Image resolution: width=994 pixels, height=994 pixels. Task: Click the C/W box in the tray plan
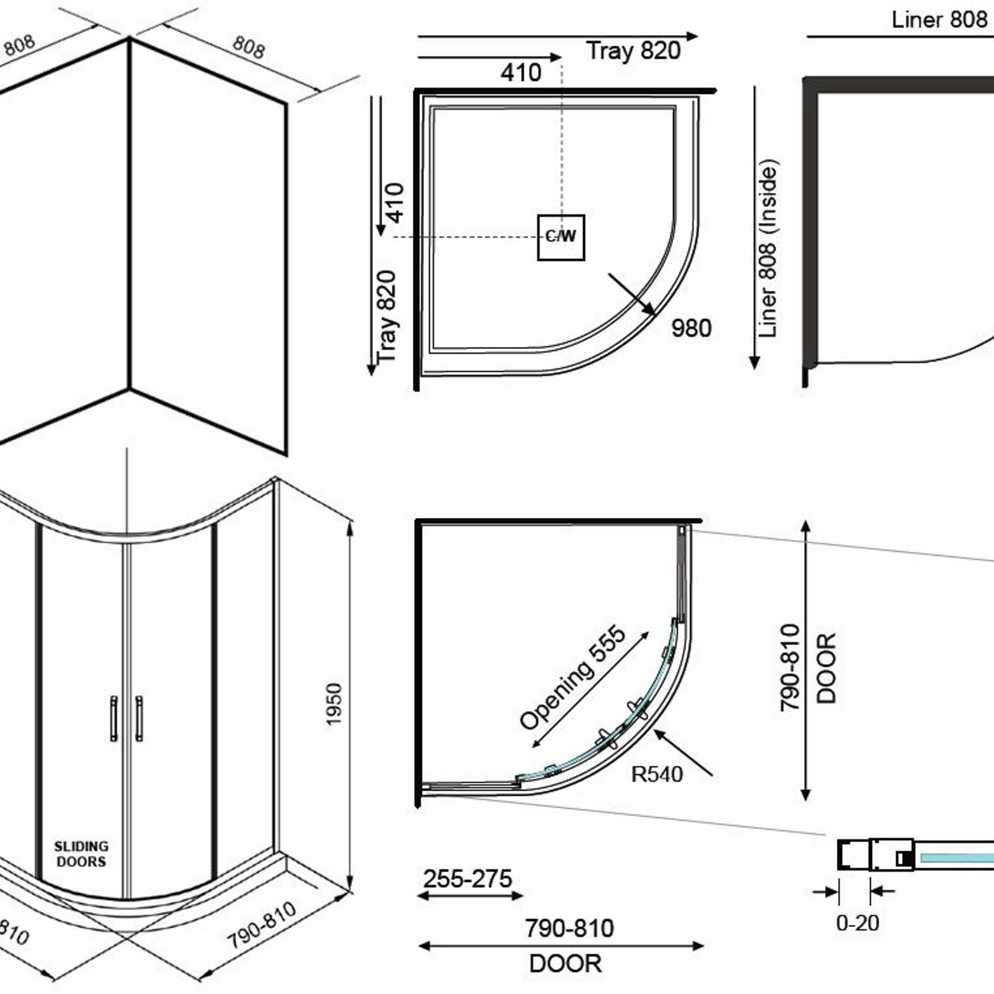click(561, 237)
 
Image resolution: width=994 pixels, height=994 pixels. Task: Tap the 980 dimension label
click(691, 328)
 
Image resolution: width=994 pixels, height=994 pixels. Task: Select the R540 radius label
click(657, 774)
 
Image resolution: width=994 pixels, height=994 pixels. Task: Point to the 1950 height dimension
click(334, 704)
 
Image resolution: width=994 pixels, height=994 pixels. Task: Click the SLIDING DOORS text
click(81, 854)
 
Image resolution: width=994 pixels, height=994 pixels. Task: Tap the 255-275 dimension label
click(468, 878)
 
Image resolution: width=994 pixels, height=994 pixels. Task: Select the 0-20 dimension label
click(857, 923)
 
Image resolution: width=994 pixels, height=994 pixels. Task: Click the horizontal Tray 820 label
click(633, 50)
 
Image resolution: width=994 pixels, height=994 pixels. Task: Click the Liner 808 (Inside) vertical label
click(767, 249)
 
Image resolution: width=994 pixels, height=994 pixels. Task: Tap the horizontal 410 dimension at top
click(521, 73)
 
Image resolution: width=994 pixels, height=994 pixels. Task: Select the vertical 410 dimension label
click(394, 202)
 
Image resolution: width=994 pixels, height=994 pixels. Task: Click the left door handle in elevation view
click(113, 718)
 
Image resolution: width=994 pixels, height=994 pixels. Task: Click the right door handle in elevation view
click(139, 718)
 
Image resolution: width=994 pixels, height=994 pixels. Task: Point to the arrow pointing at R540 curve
click(683, 753)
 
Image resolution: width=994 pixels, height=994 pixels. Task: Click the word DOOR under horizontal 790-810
click(565, 964)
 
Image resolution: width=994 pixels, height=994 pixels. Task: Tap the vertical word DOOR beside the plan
click(826, 668)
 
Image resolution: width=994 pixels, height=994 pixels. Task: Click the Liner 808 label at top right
click(939, 20)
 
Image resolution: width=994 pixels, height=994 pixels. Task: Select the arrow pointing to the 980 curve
click(632, 294)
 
